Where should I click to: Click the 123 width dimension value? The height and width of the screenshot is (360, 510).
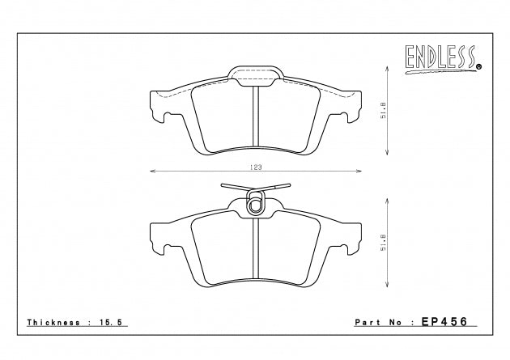point(255,166)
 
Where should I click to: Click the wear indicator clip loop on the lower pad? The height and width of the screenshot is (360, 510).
point(255,205)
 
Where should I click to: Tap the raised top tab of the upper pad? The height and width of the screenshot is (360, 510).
point(256,74)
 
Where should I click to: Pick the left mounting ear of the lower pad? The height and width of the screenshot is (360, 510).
point(159,239)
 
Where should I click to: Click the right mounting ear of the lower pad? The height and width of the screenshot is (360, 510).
point(353,239)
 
